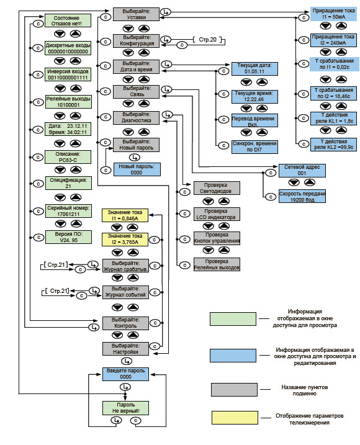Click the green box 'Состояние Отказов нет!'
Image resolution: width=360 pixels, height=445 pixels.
[x=68, y=20]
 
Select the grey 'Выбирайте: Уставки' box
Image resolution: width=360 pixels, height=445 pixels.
[x=137, y=14]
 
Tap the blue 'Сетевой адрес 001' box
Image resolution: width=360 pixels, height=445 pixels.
[x=302, y=170]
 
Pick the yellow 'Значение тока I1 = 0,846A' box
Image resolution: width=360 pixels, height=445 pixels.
[x=125, y=215]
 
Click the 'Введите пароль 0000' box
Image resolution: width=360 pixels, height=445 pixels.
[x=125, y=374]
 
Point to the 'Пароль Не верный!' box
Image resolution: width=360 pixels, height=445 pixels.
[x=125, y=408]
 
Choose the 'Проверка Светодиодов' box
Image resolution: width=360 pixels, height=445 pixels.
[x=217, y=188]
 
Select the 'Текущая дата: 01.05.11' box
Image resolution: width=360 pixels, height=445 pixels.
[x=254, y=69]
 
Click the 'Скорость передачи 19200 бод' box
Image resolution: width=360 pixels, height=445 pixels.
[x=302, y=196]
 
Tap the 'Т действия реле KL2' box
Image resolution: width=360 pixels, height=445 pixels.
[x=333, y=145]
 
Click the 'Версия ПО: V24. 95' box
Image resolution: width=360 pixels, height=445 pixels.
[x=68, y=237]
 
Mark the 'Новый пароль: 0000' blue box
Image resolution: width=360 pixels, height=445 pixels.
[x=137, y=169]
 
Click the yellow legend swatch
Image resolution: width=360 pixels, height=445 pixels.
[x=235, y=418]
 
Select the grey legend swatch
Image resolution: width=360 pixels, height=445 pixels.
[x=234, y=389]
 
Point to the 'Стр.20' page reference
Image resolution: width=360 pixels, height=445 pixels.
[x=207, y=40]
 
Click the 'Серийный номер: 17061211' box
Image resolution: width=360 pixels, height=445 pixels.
[x=68, y=211]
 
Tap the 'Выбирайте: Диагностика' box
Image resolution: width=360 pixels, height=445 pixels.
[x=137, y=117]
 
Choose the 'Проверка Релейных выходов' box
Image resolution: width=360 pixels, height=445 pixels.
[x=217, y=264]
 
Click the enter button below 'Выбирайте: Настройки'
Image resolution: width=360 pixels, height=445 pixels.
[x=127, y=361]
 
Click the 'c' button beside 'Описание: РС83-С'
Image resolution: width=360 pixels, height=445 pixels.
[x=38, y=157]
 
